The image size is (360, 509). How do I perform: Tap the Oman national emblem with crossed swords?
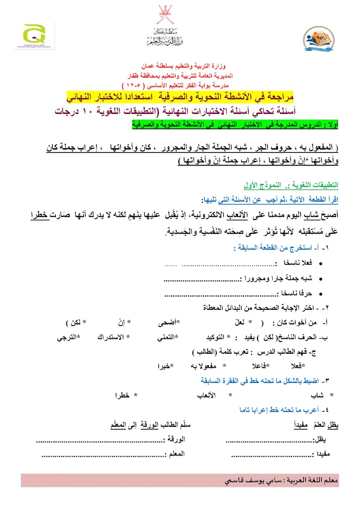pyautogui.click(x=180, y=14)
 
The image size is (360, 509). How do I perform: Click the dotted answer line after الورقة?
pyautogui.click(x=102, y=440)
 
